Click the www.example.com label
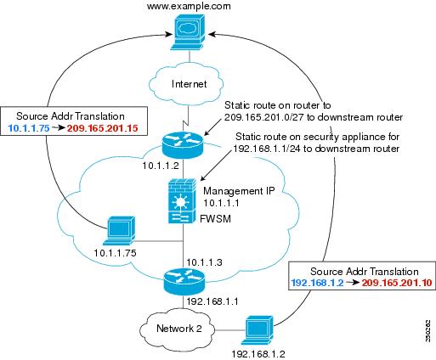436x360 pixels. point(189,6)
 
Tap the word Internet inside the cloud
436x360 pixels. point(190,84)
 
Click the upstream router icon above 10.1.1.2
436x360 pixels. point(183,144)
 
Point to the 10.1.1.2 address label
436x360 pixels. point(161,166)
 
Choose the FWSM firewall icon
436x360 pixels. point(182,200)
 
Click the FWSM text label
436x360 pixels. point(215,219)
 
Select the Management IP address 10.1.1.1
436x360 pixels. point(221,203)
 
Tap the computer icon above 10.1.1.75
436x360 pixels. point(119,230)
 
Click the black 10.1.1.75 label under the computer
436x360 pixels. point(115,253)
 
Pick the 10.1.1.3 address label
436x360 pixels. point(204,262)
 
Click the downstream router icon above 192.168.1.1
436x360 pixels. point(184,281)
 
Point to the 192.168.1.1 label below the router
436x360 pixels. point(212,301)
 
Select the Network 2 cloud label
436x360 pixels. point(179,329)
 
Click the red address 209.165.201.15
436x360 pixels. point(103,128)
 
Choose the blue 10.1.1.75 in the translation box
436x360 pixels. point(29,128)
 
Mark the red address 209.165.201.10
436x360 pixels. point(397,283)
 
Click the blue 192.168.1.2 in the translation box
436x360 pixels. point(317,283)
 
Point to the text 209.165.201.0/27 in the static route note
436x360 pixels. point(264,117)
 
